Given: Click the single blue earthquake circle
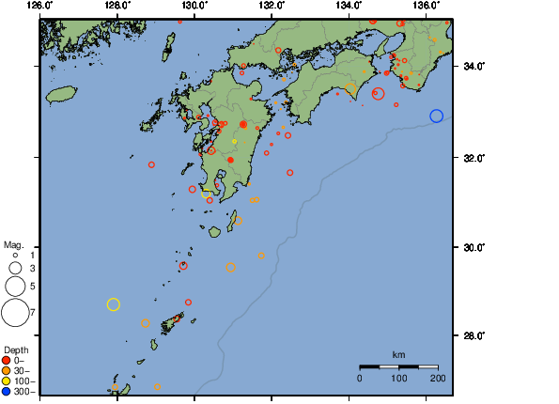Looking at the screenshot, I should (436, 116).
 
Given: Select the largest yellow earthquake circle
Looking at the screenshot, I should (114, 304).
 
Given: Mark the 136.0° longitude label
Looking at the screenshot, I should (426, 6).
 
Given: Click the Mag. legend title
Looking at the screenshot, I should (12, 244).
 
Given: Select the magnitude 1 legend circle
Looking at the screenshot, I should (15, 255).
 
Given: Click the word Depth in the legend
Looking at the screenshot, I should (16, 350).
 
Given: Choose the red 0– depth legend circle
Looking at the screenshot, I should (7, 360).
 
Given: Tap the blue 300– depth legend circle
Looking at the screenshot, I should (7, 391).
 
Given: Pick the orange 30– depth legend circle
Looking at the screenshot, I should (7, 370).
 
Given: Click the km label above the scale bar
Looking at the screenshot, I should (398, 354).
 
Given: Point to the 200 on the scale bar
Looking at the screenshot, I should (438, 378).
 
